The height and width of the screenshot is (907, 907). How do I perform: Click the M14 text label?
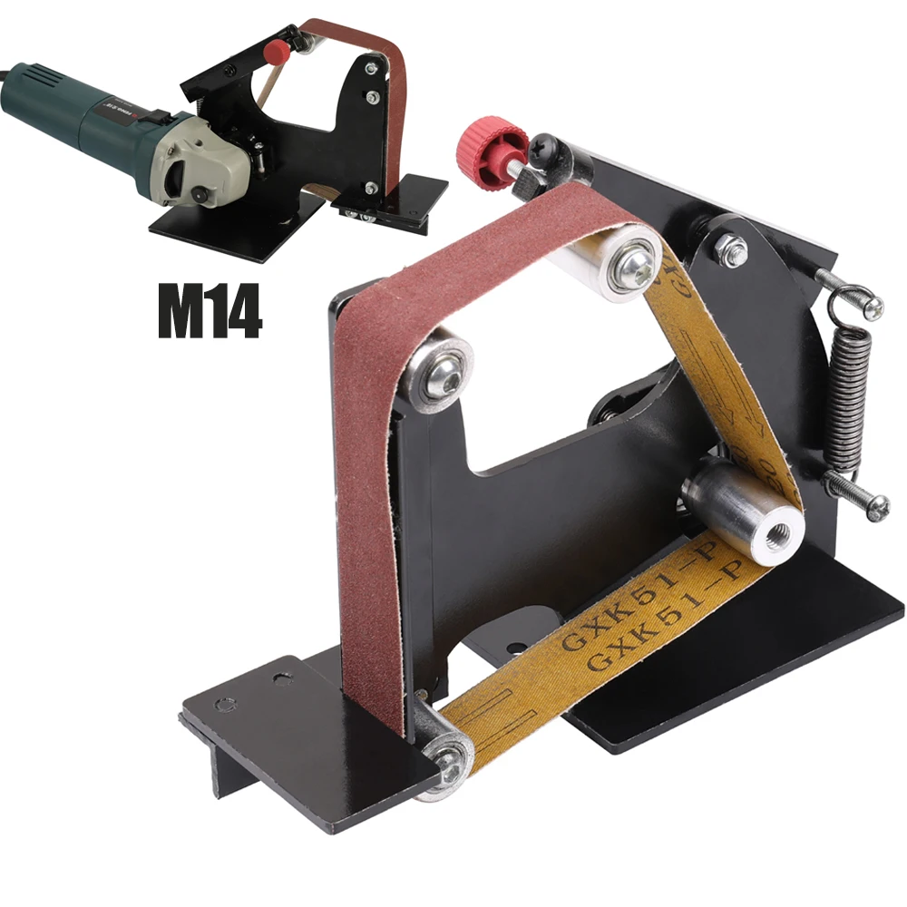[210, 312]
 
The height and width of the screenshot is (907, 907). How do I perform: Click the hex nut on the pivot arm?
[730, 248]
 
